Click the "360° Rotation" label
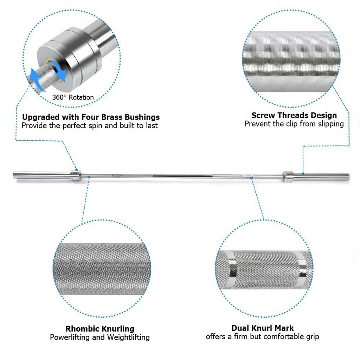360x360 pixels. click(73, 97)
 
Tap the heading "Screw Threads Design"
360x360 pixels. click(294, 115)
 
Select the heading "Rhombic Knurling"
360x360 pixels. click(100, 329)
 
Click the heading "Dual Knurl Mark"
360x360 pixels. click(262, 328)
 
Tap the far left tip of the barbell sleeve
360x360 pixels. click(14, 175)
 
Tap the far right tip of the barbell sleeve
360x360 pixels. click(349, 175)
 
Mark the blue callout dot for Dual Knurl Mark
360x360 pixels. click(251, 178)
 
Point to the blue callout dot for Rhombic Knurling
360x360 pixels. click(89, 177)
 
